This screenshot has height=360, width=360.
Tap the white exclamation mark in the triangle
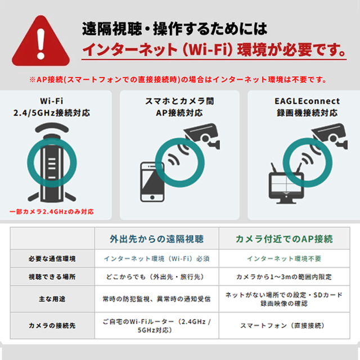point(41,44)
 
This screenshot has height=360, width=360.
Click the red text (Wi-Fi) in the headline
point(208,49)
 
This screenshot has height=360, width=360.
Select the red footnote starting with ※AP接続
point(178,80)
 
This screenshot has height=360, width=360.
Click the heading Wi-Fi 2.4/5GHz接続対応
point(52,107)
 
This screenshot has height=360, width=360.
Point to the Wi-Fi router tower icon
point(52,163)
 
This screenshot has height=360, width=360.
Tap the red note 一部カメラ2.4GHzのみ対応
point(52,211)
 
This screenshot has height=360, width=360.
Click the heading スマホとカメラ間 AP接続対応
point(179,107)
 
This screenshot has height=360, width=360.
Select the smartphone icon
point(152,182)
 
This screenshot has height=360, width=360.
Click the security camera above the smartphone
point(202,136)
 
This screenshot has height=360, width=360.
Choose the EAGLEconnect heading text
point(307,107)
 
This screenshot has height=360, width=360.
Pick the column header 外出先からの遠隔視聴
point(156,239)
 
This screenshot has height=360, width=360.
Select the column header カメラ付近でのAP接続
point(284,239)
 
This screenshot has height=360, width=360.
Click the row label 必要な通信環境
point(52,259)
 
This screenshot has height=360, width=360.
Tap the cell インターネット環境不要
point(284,259)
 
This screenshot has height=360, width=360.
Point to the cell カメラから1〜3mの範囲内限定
point(284,277)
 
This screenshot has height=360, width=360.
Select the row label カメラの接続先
point(52,325)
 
